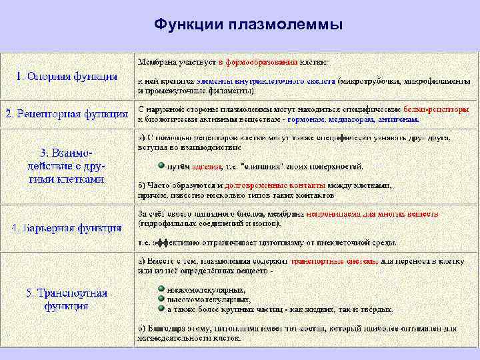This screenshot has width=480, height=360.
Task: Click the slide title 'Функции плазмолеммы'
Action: [x=248, y=25]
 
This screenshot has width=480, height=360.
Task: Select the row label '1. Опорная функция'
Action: [x=67, y=76]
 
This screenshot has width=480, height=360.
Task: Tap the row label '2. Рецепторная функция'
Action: [x=67, y=114]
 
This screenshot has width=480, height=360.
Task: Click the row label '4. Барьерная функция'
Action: [x=67, y=228]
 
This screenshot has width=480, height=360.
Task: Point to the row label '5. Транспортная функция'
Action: [x=67, y=299]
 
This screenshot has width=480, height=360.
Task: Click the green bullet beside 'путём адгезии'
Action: [x=161, y=165]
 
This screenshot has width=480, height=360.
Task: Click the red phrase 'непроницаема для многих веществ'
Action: [x=372, y=215]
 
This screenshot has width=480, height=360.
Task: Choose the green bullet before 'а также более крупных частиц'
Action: [x=161, y=309]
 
